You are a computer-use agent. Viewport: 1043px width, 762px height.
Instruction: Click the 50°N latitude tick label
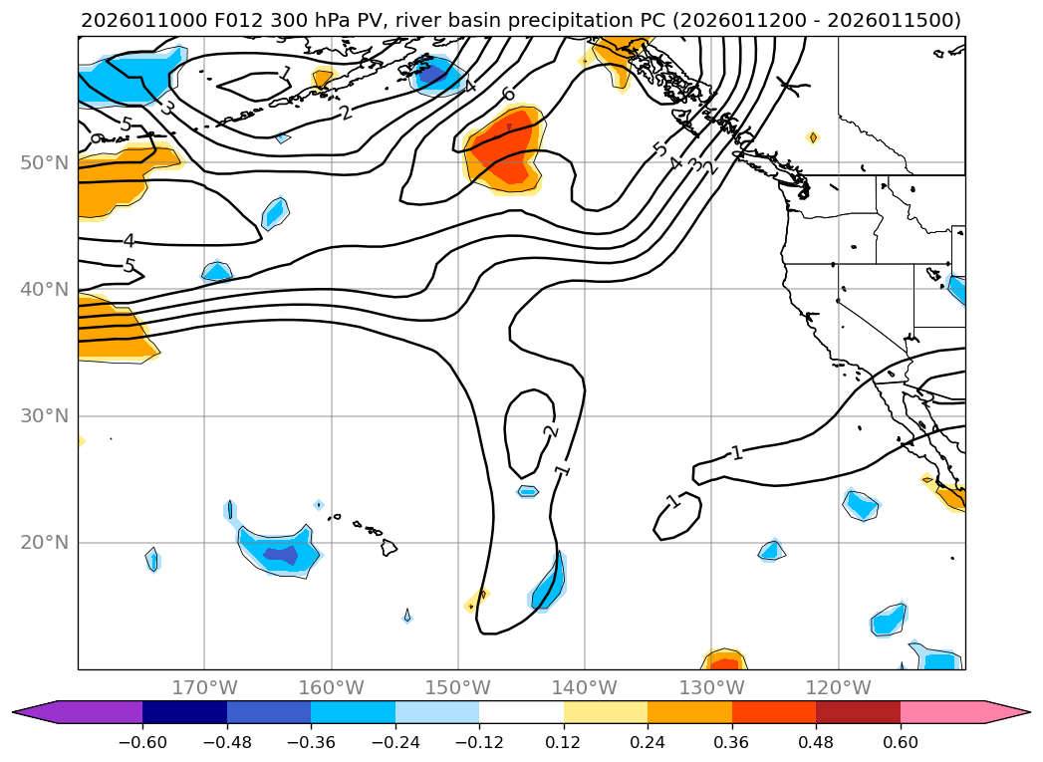pyautogui.click(x=44, y=162)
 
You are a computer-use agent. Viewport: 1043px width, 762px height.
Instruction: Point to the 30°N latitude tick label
pyautogui.click(x=44, y=416)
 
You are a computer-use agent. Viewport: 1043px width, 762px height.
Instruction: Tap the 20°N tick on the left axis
pyautogui.click(x=44, y=543)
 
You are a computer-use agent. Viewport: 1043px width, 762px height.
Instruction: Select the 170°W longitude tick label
pyautogui.click(x=204, y=687)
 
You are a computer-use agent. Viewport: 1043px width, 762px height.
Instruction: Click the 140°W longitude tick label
pyautogui.click(x=585, y=687)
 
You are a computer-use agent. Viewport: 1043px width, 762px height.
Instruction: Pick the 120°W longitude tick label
pyautogui.click(x=838, y=687)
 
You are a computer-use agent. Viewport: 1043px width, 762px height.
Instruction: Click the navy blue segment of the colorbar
pyautogui.click(x=184, y=711)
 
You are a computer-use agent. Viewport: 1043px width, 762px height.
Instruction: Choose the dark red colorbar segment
pyautogui.click(x=858, y=711)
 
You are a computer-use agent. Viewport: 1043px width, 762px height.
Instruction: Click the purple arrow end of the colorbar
pyautogui.click(x=35, y=711)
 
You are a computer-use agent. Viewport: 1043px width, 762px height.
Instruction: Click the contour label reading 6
pyautogui.click(x=509, y=95)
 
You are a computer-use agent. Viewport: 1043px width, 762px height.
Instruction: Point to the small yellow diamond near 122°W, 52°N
pyautogui.click(x=813, y=137)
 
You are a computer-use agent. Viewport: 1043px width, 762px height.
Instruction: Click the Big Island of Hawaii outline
pyautogui.click(x=389, y=547)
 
